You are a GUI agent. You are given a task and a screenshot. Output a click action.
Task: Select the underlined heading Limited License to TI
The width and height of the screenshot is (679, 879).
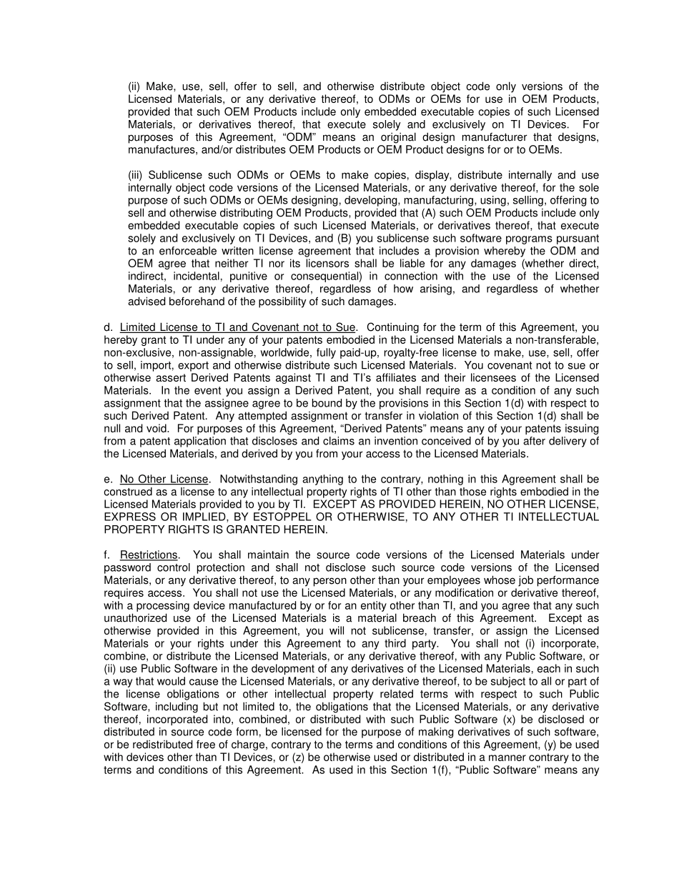point(237,327)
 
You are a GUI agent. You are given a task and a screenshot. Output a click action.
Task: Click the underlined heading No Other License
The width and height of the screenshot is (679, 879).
point(164,479)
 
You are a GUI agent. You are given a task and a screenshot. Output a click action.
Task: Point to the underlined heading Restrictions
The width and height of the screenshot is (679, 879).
point(148,555)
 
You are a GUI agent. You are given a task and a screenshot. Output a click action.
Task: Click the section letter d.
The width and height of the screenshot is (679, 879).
point(108,327)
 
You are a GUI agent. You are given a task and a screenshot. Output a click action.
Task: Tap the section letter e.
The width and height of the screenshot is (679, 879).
point(108,479)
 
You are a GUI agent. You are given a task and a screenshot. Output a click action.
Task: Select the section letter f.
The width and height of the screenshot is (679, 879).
point(107,555)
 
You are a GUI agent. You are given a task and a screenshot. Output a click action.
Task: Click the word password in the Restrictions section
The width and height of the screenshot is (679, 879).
point(127,567)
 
